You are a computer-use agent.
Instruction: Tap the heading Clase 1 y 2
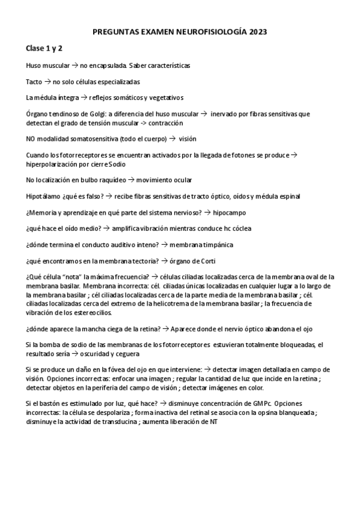(44, 48)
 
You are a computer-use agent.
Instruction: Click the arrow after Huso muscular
(75, 65)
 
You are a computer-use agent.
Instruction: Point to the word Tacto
(34, 81)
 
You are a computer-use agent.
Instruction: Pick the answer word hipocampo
(229, 213)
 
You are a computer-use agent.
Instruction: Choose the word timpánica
(214, 245)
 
